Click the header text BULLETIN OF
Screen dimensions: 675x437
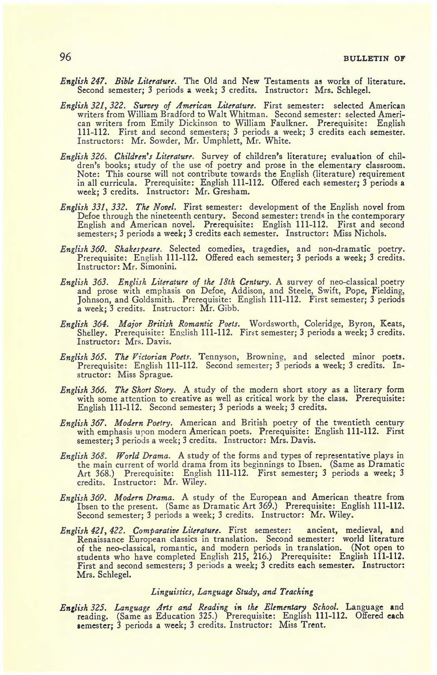(x=374, y=59)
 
